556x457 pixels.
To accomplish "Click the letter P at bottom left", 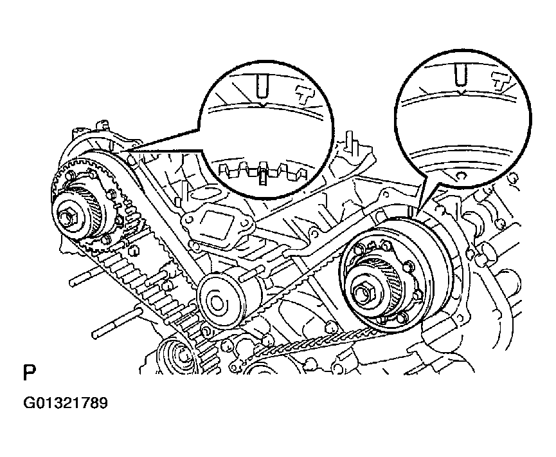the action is [x=30, y=373].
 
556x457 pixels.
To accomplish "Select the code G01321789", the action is [x=65, y=404].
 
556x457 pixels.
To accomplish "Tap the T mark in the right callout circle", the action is [x=499, y=82].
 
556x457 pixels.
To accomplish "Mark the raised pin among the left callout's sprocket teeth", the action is [x=263, y=174].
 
